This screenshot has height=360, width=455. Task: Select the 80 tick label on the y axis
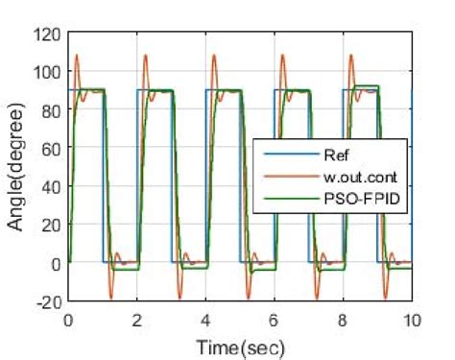point(51,110)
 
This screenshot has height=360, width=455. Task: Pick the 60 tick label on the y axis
point(51,148)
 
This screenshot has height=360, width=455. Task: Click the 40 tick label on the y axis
point(51,186)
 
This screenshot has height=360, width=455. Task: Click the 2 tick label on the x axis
point(136,319)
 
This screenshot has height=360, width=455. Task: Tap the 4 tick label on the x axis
point(205,319)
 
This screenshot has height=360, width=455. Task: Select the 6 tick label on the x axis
point(275,319)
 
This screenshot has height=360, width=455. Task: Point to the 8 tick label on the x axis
point(344,319)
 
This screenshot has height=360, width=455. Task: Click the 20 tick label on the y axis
point(51,225)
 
